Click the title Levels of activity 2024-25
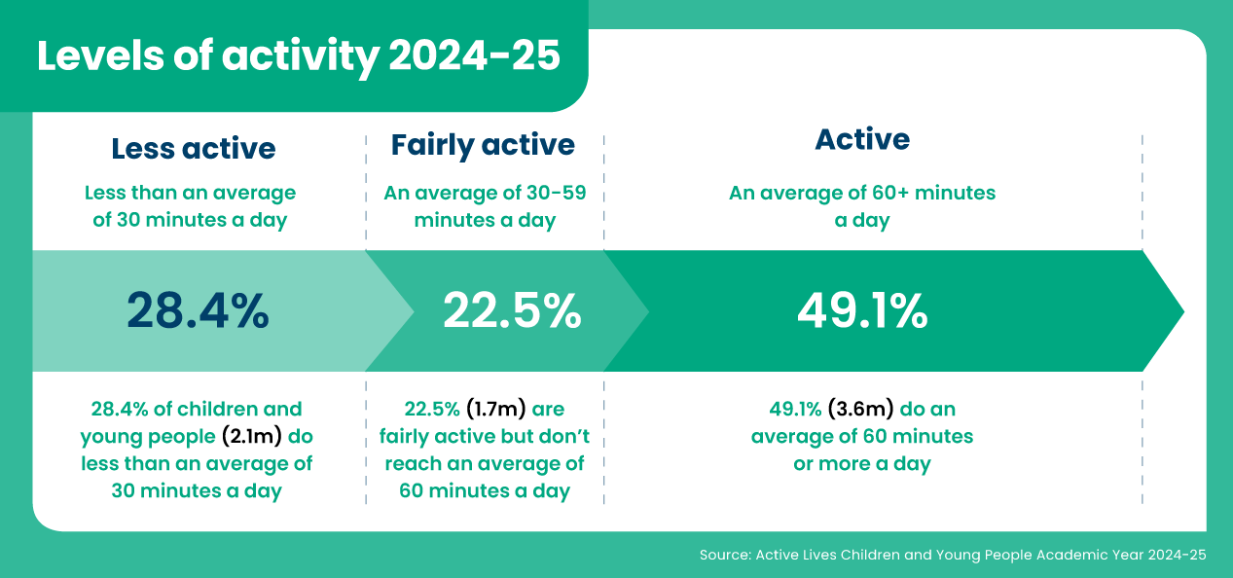pos(299,56)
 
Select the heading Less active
pos(193,148)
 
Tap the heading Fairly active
pos(483,145)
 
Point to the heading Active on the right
pos(862,139)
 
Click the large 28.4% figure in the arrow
pos(198,310)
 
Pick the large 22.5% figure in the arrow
pos(512,310)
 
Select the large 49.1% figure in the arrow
pos(862,310)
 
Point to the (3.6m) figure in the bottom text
pos(860,409)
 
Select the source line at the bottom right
pos(953,555)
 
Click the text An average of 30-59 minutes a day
pos(485,206)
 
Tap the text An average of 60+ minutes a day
pos(862,206)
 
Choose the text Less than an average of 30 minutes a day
pos(191,206)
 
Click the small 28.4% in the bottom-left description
pos(118,409)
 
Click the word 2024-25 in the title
pos(475,56)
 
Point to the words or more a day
pos(862,463)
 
